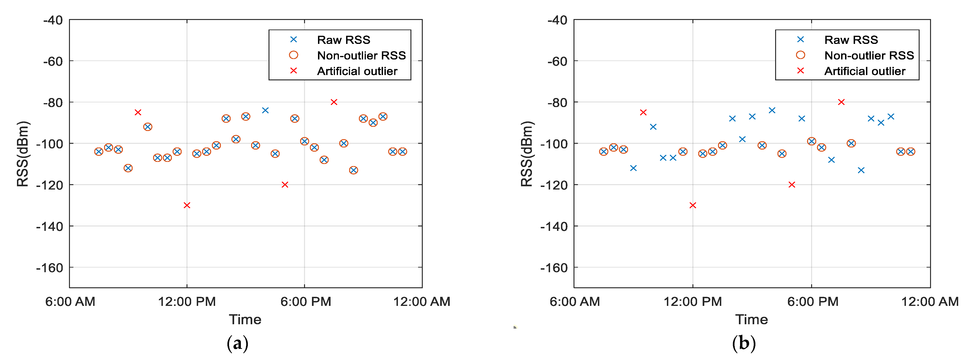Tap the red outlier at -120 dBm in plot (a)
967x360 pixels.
pos(285,185)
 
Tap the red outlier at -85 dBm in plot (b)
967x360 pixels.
pos(643,112)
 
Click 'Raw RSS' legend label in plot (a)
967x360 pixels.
pos(344,40)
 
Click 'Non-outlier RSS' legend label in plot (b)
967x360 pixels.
pos(869,56)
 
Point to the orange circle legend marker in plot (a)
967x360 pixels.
pos(294,55)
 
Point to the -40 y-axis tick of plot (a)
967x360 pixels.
pos(53,20)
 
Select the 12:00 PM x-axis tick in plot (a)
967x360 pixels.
pos(187,302)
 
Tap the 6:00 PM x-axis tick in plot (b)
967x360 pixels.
pos(812,302)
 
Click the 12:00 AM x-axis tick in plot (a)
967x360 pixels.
pos(422,302)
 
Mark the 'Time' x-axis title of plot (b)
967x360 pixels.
pos(751,319)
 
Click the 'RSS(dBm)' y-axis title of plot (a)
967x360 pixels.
pos(23,154)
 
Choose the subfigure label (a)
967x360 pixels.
pos(238,343)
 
